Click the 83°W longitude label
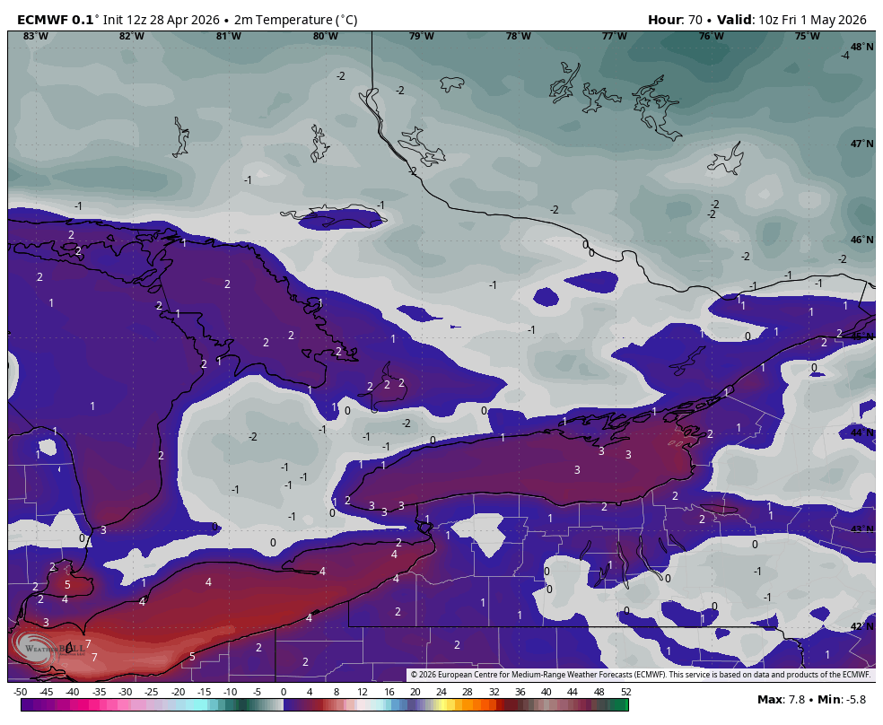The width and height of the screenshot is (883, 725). pos(36,36)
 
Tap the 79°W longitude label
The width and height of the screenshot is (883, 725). pos(421,36)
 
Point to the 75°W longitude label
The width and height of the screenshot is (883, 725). pos(807,36)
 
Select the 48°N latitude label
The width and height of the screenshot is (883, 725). pos(861,47)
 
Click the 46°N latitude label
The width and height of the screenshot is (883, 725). pos(861,240)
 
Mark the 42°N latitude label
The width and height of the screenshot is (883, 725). pos(861,626)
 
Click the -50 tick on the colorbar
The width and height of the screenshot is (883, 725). pos(20,692)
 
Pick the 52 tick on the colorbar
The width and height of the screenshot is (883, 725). pos(625,692)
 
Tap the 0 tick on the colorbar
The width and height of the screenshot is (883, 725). pos(284,692)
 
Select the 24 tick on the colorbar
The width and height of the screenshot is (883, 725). pos(441,692)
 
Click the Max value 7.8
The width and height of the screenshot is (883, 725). pos(795,700)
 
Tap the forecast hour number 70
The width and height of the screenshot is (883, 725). pos(693,20)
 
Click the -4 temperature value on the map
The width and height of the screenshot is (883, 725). pos(844,56)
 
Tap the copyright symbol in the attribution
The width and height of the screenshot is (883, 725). pos(414,675)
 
